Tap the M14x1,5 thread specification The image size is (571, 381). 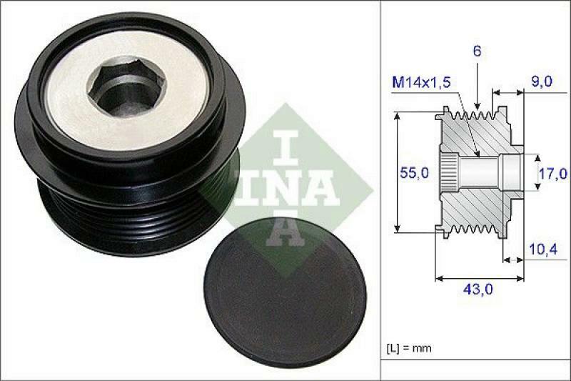[x=420, y=83]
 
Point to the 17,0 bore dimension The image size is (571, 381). [x=553, y=173]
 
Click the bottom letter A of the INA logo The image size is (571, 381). [x=285, y=229]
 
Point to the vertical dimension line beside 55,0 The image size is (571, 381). [x=396, y=172]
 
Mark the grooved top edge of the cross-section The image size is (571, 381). [x=475, y=115]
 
